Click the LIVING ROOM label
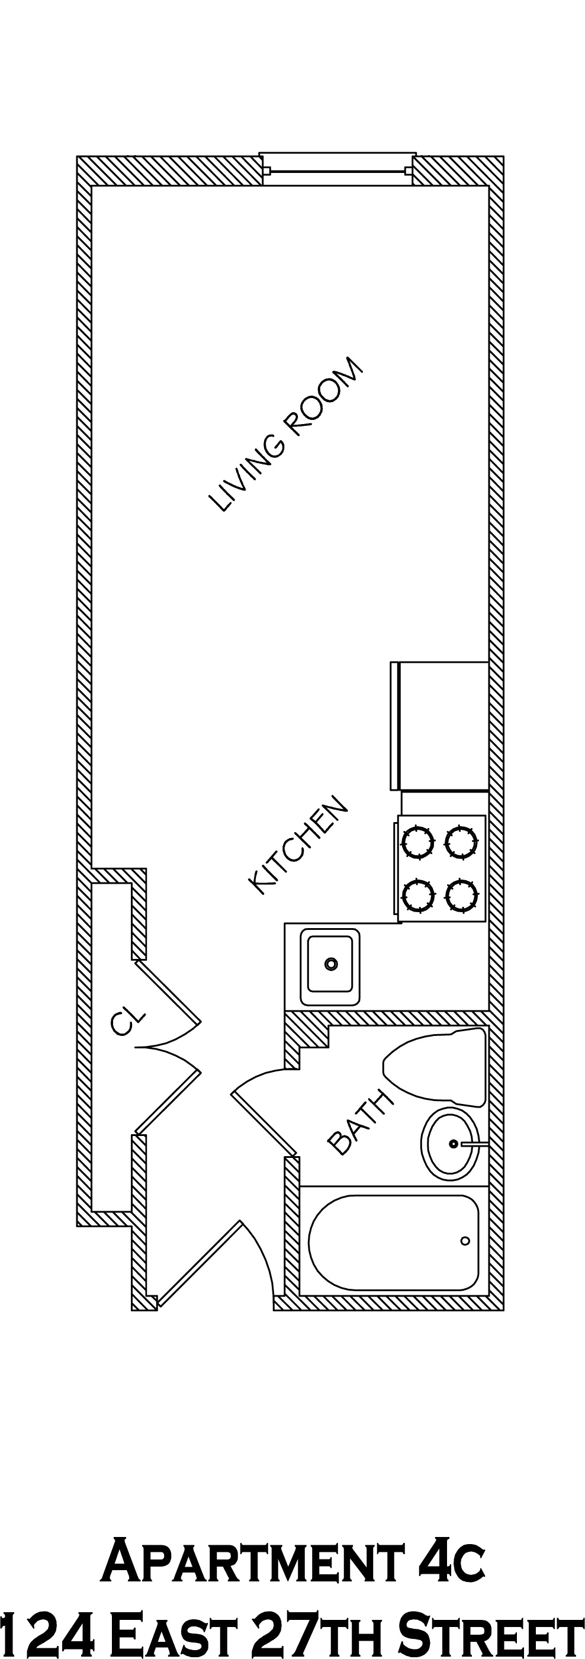pyautogui.click(x=286, y=435)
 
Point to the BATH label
pyautogui.click(x=360, y=1123)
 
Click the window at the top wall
pyautogui.click(x=337, y=171)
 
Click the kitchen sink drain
pyautogui.click(x=331, y=964)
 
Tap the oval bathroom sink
pyautogui.click(x=451, y=1144)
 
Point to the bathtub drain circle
pyautogui.click(x=465, y=1241)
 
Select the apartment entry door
pyautogui.click(x=200, y=1263)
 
